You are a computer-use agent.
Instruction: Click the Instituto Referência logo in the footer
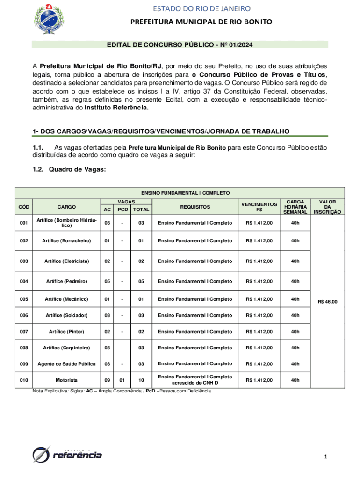[67, 454]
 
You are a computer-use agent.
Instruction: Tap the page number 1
[326, 457]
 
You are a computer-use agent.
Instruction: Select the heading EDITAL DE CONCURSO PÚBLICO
[180, 44]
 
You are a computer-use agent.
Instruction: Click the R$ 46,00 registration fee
[327, 302]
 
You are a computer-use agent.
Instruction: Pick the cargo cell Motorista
[66, 380]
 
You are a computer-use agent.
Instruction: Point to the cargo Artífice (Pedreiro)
[66, 281]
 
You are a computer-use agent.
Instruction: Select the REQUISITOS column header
[195, 206]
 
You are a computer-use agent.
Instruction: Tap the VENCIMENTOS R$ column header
[259, 207]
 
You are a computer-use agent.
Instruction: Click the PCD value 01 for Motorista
[122, 380]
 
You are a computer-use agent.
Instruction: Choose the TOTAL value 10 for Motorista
[141, 380]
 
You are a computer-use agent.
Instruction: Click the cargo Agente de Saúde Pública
[66, 363]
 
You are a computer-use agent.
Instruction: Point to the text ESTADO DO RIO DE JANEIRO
[201, 8]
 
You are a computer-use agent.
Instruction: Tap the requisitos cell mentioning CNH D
[195, 380]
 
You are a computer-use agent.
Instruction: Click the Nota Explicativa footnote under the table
[122, 391]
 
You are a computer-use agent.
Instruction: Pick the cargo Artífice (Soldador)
[66, 315]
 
